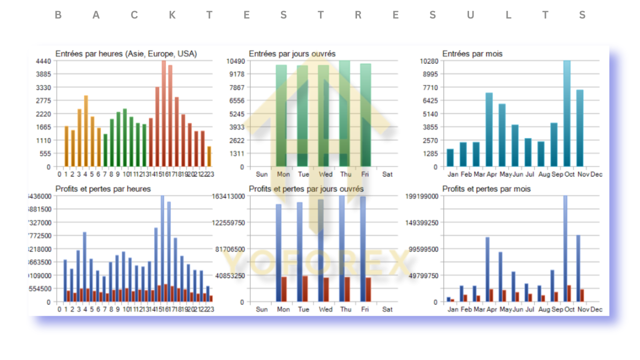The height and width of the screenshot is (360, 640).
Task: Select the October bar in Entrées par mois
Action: (566, 113)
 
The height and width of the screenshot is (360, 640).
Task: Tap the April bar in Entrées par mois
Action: (489, 129)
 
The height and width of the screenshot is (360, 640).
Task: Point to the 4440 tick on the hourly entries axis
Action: (43, 61)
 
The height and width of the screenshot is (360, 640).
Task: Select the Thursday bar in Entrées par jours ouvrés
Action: (344, 113)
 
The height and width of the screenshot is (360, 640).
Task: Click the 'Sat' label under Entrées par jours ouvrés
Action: (387, 174)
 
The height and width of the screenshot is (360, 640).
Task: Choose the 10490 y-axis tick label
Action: (234, 61)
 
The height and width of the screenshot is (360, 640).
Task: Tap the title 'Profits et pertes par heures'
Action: (103, 189)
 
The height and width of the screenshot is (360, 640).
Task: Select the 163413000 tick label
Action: (228, 196)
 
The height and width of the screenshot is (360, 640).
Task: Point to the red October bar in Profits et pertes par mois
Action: (569, 293)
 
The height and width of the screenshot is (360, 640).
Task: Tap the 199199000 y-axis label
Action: (422, 196)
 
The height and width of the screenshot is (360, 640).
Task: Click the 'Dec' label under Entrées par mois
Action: (596, 174)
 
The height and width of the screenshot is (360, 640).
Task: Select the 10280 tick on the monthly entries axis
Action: (428, 61)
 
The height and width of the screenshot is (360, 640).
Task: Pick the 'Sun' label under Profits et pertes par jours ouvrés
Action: (261, 309)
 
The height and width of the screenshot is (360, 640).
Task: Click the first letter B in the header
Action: (58, 15)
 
